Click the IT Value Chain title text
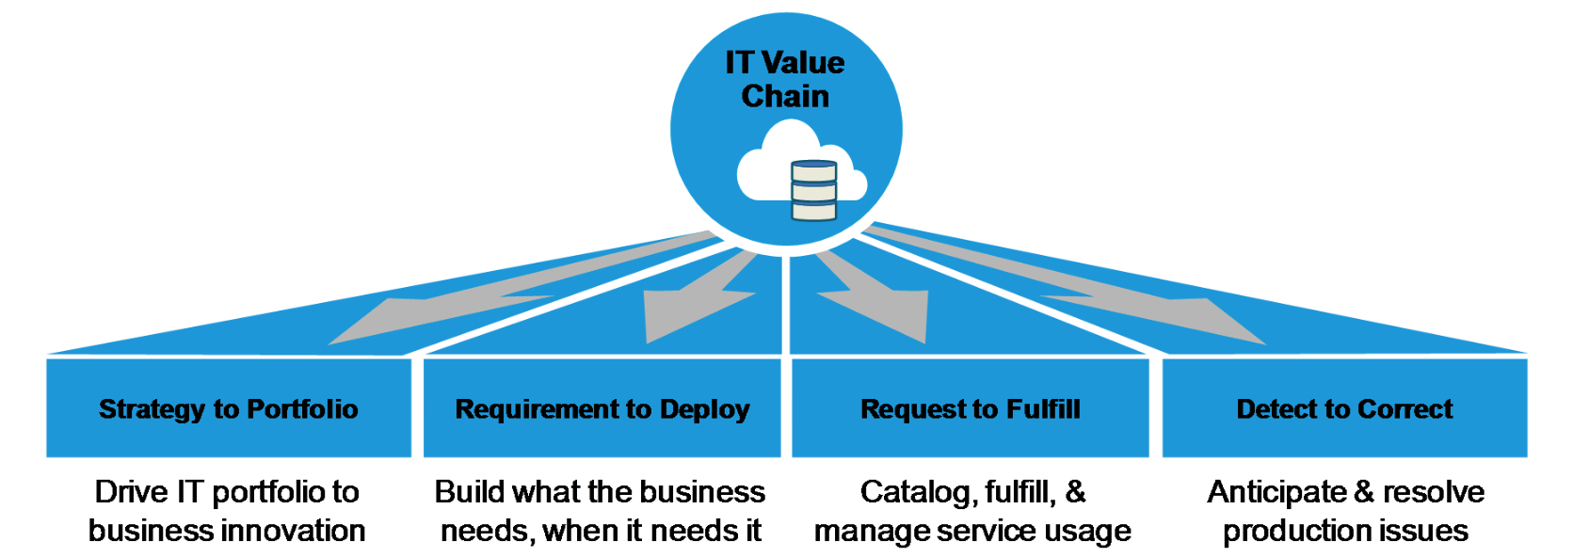click(785, 79)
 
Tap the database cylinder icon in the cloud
click(813, 191)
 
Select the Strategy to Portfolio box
click(229, 409)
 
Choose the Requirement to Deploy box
click(602, 409)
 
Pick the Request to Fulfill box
click(970, 409)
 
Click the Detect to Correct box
click(1344, 409)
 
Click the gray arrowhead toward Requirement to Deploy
click(682, 315)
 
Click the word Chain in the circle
click(785, 96)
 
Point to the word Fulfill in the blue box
click(1043, 409)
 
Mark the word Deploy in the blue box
click(704, 409)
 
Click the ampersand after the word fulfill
click(1075, 491)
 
